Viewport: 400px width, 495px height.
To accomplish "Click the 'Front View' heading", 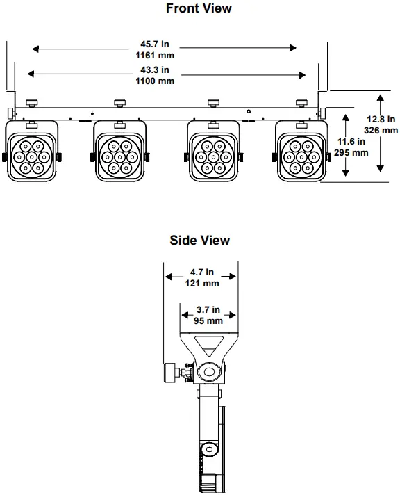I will click(x=199, y=9).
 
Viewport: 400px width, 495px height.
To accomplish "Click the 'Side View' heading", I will click(x=199, y=241).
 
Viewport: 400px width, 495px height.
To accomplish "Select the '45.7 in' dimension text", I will click(x=155, y=44).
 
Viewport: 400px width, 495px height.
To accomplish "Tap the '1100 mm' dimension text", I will click(x=155, y=81).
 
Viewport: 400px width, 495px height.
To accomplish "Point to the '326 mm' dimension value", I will click(x=381, y=130).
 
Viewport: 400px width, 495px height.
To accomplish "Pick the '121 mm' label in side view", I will click(x=202, y=283).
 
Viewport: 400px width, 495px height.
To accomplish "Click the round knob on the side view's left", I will click(x=169, y=373).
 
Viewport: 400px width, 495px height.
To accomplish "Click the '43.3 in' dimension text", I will click(x=155, y=71).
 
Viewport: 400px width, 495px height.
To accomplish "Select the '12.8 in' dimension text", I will click(x=381, y=119).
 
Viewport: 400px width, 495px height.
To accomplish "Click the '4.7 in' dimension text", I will click(x=202, y=273).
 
